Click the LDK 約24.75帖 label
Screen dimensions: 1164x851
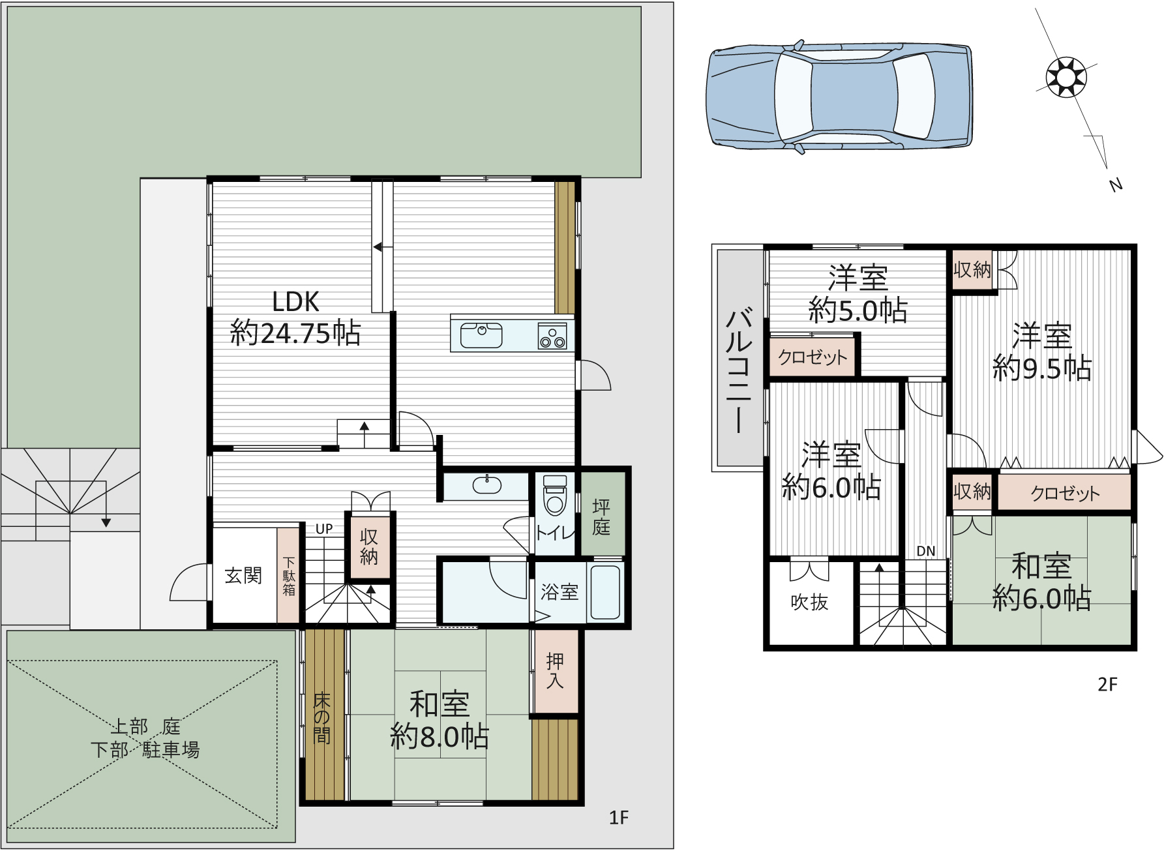coord(295,318)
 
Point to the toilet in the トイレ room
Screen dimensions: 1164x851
coord(555,495)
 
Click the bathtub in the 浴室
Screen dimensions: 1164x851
coord(605,592)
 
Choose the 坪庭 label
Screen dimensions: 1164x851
coord(601,516)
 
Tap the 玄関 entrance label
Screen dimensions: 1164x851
coord(243,575)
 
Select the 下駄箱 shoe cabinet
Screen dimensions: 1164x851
coord(288,575)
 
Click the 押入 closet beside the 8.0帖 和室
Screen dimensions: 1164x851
coord(555,671)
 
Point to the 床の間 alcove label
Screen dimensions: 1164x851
coord(322,718)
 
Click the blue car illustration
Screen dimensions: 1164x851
coord(839,98)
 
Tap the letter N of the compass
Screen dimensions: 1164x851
coord(1116,185)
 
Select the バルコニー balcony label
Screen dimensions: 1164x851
coord(739,370)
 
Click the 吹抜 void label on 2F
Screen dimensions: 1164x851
coord(809,602)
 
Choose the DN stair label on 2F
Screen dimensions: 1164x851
coord(926,551)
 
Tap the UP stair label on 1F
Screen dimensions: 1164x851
coord(324,529)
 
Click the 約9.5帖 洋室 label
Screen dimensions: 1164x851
coord(1042,352)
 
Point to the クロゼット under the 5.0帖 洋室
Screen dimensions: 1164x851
coord(813,357)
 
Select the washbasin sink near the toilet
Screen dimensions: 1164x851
coord(486,485)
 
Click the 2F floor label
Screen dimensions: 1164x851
coord(1107,684)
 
